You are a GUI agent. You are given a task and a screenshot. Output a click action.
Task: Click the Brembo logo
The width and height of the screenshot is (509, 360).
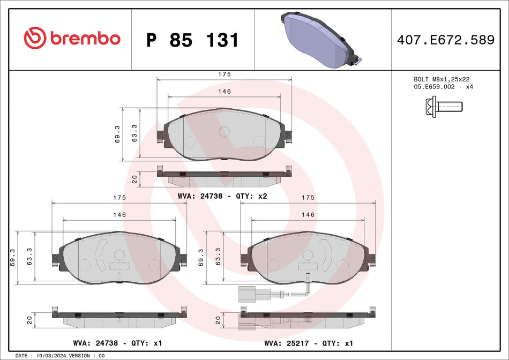72,39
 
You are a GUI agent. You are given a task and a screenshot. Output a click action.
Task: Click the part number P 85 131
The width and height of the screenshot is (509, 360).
192,40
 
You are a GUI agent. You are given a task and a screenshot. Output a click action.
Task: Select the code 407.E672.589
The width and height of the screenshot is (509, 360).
445,40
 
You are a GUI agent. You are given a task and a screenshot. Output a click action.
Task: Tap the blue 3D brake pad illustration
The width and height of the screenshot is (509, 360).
316,41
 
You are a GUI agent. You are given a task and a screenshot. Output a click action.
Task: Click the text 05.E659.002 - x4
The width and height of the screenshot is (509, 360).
443,86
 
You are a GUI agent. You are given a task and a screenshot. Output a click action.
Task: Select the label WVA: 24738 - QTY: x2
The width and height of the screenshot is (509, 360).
222,196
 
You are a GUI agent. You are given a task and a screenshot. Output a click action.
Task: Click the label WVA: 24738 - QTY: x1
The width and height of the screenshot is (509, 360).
117,342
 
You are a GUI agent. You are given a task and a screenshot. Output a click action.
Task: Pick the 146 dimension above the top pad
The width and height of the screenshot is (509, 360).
224,92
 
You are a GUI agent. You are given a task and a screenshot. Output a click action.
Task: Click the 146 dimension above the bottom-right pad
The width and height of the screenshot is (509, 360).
308,214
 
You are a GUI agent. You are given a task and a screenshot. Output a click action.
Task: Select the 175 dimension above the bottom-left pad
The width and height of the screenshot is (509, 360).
119,197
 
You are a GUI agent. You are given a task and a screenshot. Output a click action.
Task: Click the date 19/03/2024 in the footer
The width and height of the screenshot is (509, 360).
53,356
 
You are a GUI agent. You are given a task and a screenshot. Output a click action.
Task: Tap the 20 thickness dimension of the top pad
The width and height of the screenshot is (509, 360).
134,179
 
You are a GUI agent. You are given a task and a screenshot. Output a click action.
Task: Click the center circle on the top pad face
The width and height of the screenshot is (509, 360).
224,131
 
